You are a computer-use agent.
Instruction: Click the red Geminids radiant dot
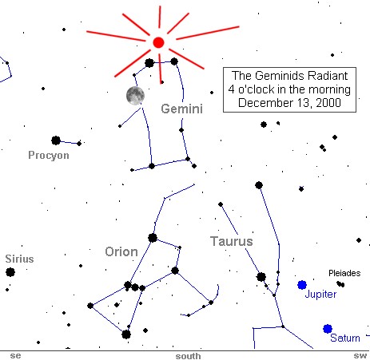pos(158,42)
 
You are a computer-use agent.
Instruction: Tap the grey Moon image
pos(135,96)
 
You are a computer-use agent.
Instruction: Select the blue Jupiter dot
pos(302,285)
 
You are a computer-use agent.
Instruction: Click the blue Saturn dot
pos(328,329)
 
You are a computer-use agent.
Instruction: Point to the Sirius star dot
pos(10,272)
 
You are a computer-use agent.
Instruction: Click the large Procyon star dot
pos(56,140)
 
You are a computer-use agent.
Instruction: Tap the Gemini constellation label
pos(182,109)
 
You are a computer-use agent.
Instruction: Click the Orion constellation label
pos(121,251)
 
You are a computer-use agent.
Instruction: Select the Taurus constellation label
pos(232,241)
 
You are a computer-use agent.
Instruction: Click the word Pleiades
pos(344,273)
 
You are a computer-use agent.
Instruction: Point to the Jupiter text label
pos(320,295)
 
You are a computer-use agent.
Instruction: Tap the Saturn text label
pos(345,338)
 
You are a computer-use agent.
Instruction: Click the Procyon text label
pos(49,155)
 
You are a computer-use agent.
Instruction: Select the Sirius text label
pos(19,259)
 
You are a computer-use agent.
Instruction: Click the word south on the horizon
pos(188,356)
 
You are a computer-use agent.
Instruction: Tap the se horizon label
pos(15,356)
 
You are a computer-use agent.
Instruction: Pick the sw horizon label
pos(360,356)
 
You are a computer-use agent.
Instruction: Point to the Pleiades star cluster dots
pos(340,284)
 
